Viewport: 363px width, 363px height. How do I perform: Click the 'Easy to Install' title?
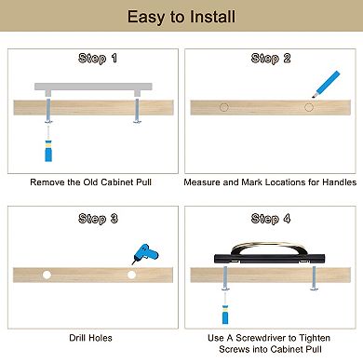181,17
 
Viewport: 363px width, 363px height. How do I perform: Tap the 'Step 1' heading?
98,59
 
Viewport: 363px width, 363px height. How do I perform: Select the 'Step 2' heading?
271,59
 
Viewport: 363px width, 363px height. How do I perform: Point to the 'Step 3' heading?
98,219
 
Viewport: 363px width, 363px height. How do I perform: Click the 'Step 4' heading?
271,219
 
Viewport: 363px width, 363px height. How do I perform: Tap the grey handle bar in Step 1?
93,87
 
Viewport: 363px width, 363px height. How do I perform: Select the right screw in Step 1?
137,110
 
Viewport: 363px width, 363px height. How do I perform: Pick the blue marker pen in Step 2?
326,85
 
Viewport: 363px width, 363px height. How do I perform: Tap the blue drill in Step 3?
145,254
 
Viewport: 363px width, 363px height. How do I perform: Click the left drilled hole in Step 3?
47,275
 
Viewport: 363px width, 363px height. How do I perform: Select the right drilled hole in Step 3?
131,275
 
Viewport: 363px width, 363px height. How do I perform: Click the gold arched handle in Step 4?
269,244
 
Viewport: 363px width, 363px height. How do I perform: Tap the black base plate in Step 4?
269,259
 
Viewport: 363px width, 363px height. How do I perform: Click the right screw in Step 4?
314,278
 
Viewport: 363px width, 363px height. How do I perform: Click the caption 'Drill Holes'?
90,338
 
